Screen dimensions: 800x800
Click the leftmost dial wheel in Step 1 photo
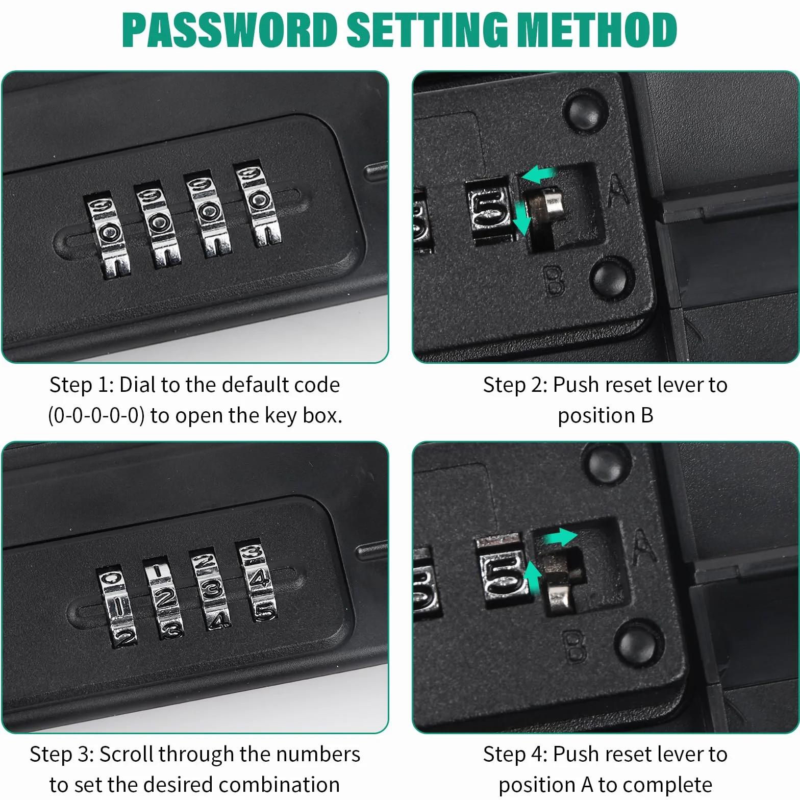(108, 236)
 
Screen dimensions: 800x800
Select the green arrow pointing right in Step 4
(560, 537)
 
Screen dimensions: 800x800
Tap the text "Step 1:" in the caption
(82, 385)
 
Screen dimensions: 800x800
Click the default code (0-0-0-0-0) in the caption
(95, 416)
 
